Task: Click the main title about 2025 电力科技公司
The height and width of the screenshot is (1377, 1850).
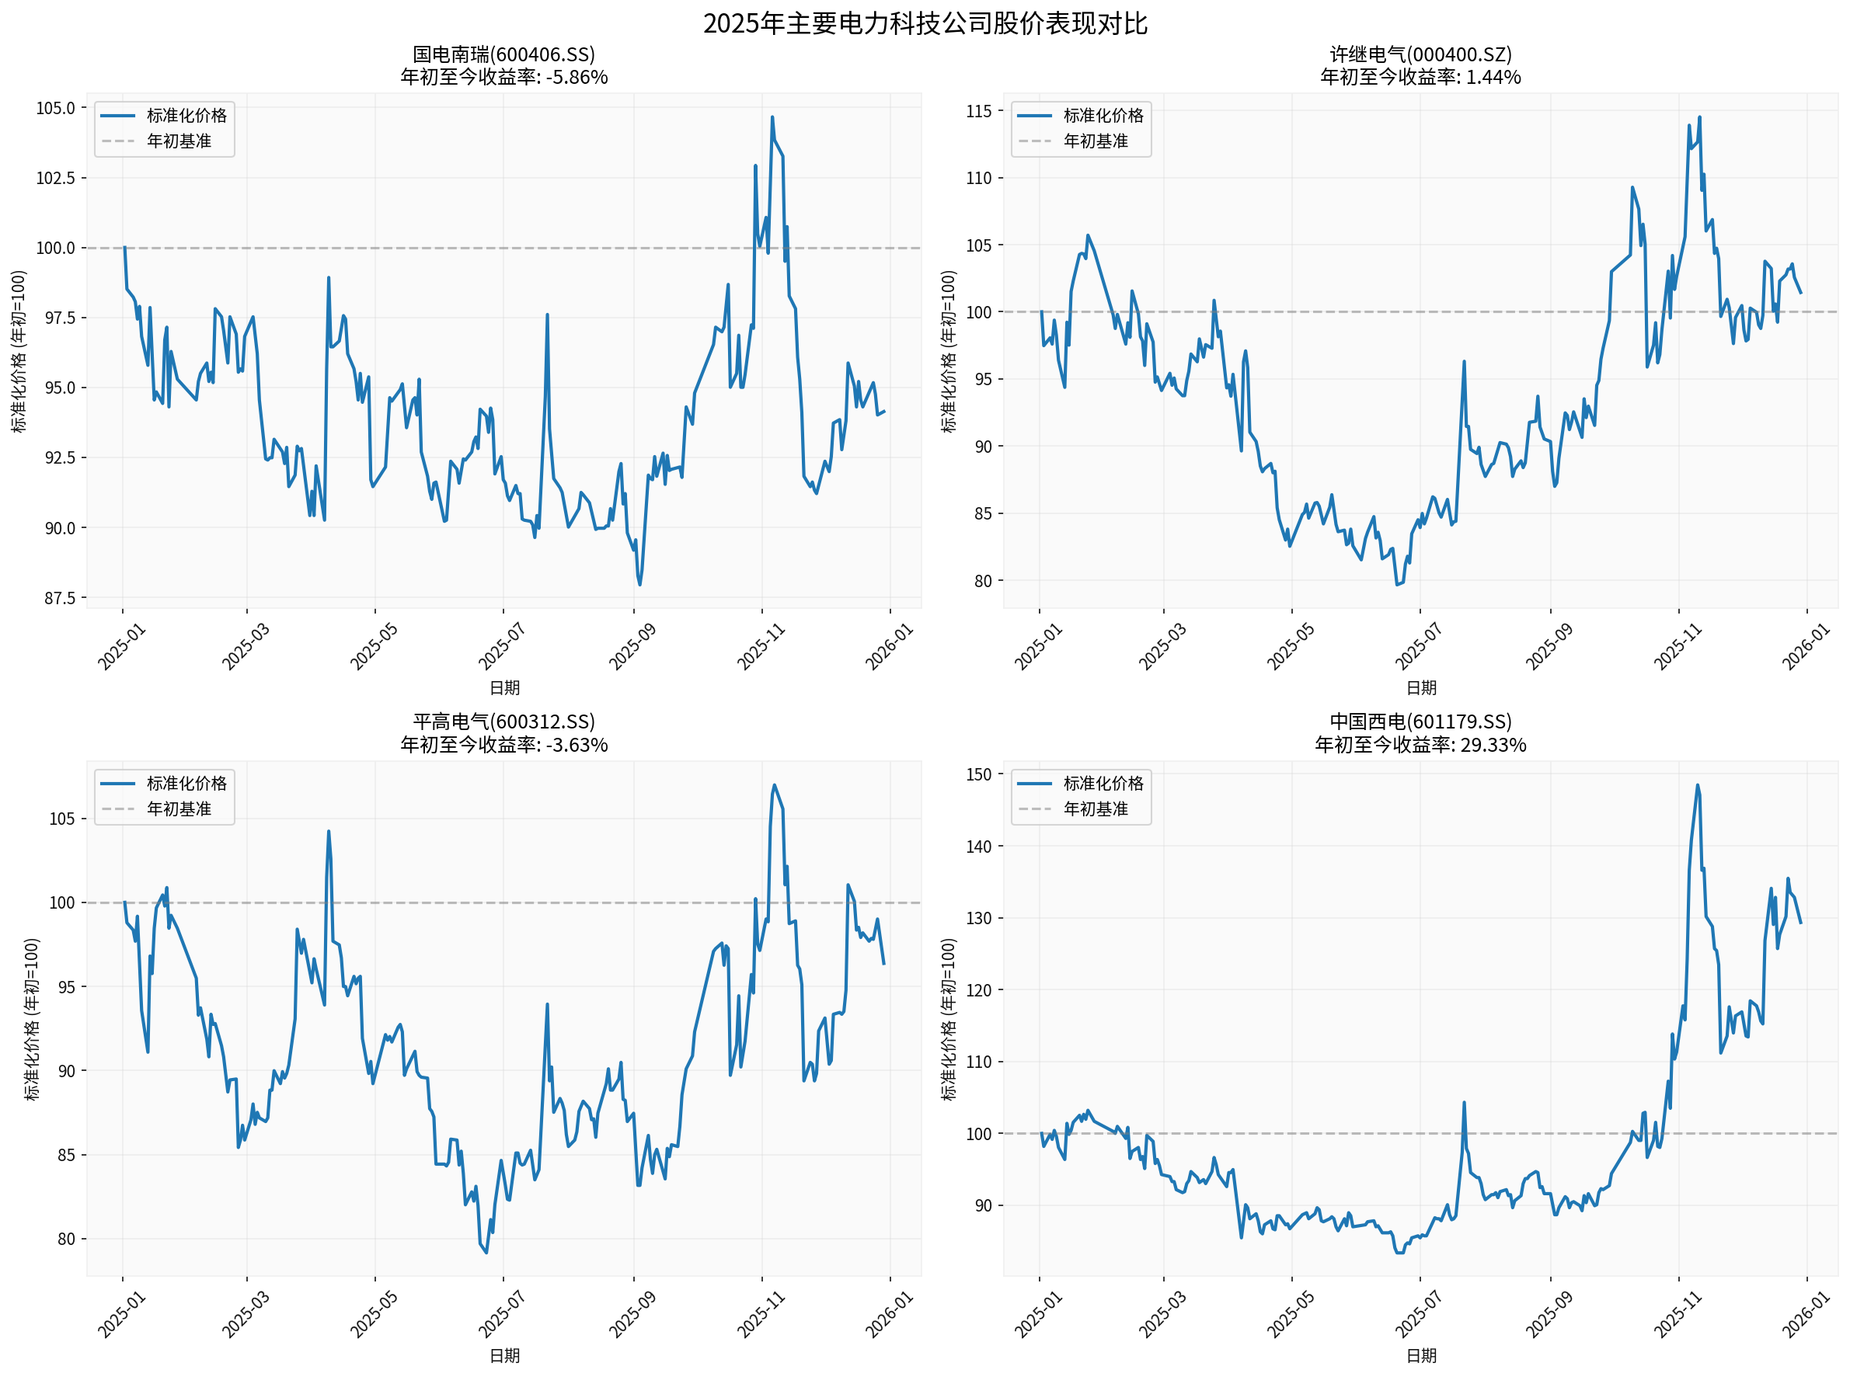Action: click(x=925, y=23)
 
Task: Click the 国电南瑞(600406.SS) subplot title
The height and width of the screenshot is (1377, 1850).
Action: click(x=503, y=54)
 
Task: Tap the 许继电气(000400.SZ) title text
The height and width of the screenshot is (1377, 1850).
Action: click(x=1420, y=54)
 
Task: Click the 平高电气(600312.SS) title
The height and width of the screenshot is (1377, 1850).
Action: click(x=503, y=722)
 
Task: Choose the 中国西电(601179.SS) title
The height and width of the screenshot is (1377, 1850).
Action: click(x=1420, y=722)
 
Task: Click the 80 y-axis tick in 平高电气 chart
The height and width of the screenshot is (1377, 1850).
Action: click(x=66, y=1240)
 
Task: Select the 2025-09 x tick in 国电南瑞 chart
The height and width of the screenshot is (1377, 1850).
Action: click(x=632, y=647)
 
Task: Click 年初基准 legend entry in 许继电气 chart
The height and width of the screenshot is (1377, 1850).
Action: click(x=1095, y=141)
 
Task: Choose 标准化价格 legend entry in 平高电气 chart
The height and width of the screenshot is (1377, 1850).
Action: click(x=186, y=784)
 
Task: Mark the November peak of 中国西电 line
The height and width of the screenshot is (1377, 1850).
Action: click(x=1697, y=785)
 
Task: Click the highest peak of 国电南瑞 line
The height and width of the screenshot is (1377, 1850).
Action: click(x=772, y=117)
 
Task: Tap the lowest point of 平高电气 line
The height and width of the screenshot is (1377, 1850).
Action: click(x=486, y=1253)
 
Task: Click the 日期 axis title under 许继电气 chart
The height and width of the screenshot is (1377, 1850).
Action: click(x=1420, y=687)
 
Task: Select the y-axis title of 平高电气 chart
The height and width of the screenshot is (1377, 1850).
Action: click(x=32, y=1020)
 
